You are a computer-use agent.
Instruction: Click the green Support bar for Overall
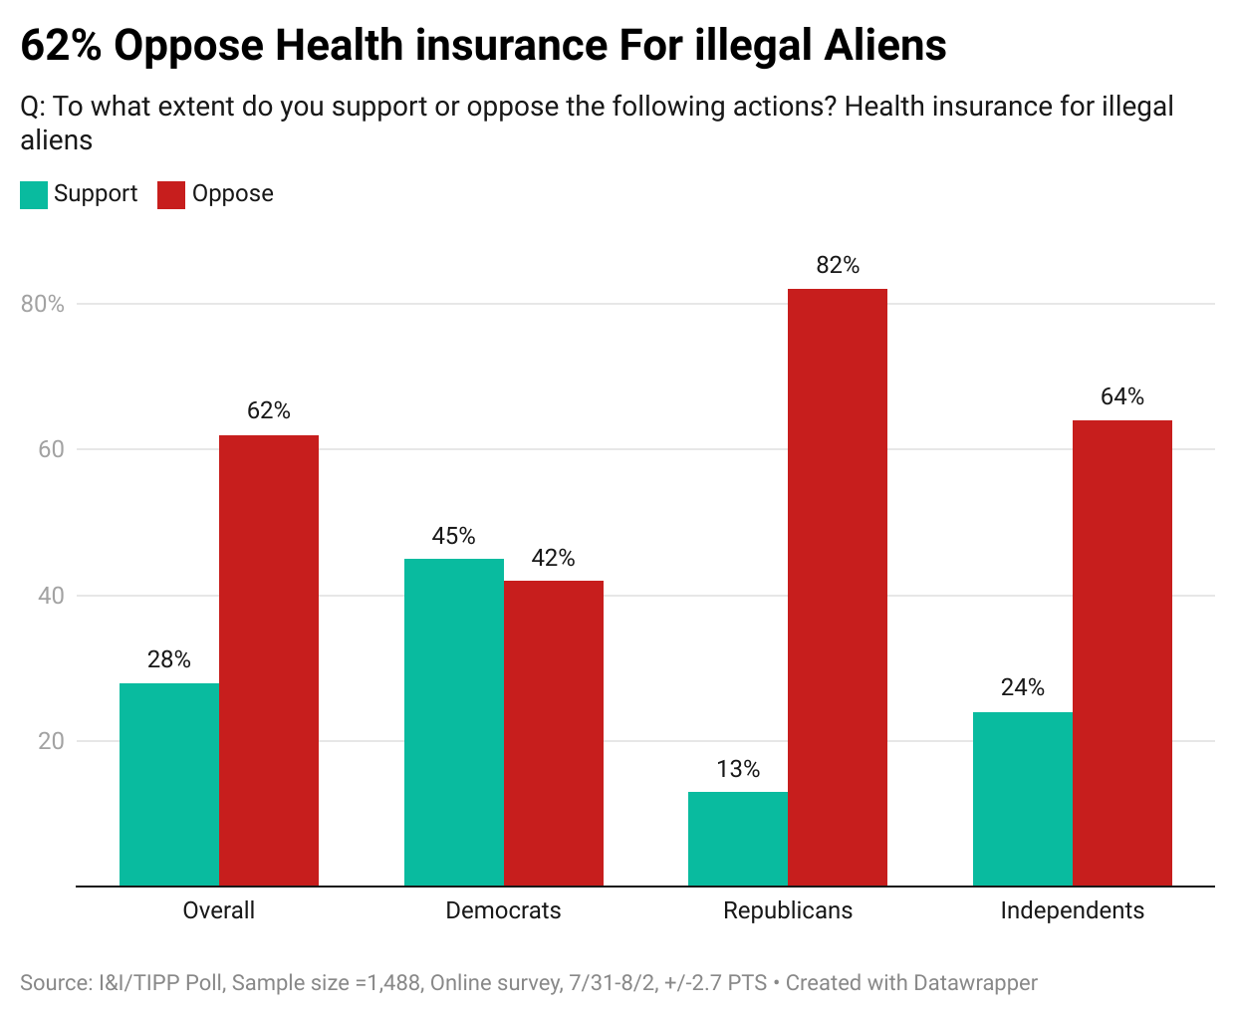point(169,785)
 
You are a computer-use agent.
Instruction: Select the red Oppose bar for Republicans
point(837,588)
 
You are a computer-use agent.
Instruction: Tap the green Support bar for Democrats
point(453,722)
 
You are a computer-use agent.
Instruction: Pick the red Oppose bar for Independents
point(1121,653)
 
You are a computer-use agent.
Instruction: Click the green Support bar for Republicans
point(738,839)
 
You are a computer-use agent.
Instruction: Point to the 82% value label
point(838,265)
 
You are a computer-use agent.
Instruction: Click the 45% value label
point(453,536)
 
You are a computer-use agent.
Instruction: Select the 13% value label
point(738,769)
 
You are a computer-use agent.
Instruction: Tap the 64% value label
point(1122,396)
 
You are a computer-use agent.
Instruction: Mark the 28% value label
point(169,659)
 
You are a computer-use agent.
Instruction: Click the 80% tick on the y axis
point(43,304)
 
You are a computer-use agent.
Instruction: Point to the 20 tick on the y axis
point(51,741)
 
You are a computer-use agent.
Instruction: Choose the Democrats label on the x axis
point(503,910)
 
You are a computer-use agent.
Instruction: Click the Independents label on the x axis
point(1072,910)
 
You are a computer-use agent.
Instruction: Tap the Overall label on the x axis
point(219,910)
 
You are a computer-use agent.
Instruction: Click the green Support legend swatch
point(34,194)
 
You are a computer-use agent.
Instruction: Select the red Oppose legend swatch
point(171,194)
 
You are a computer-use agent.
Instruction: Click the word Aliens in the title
point(885,46)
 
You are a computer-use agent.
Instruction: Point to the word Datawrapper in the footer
point(975,983)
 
